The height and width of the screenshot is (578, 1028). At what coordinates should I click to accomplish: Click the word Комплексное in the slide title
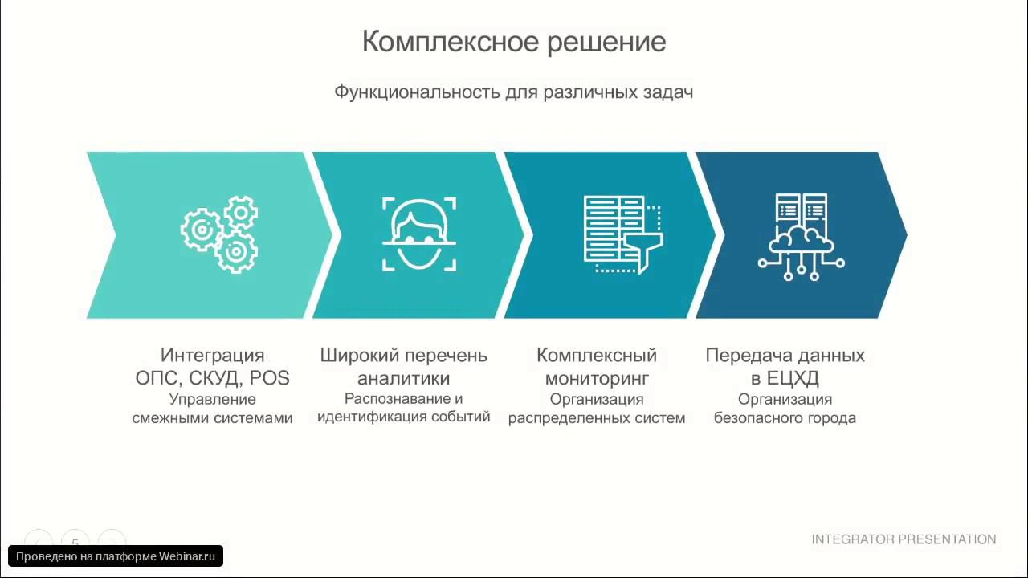coord(451,42)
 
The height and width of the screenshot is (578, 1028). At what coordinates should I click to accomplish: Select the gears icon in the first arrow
coord(218,234)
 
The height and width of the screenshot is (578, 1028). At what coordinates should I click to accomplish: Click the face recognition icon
coord(418,234)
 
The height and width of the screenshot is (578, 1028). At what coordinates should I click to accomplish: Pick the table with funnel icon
coord(623,234)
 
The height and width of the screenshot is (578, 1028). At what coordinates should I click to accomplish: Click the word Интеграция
coord(212,355)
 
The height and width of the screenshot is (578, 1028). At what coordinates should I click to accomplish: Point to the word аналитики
coord(403,378)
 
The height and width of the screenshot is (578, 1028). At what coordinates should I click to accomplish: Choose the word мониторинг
coord(597,378)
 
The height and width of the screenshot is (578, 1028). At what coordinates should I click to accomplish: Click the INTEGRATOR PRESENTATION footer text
coord(904,539)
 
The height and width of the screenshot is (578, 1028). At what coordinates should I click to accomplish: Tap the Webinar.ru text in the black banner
coord(187,556)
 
